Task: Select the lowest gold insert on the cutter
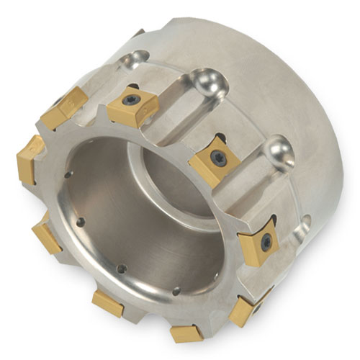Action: click(x=186, y=333)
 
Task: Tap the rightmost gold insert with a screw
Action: click(x=259, y=246)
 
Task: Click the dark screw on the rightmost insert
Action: click(x=266, y=242)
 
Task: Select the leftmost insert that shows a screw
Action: click(x=134, y=106)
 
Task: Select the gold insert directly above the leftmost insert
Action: click(x=63, y=107)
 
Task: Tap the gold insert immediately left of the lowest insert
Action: click(x=108, y=302)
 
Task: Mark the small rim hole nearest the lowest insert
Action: click(x=174, y=292)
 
